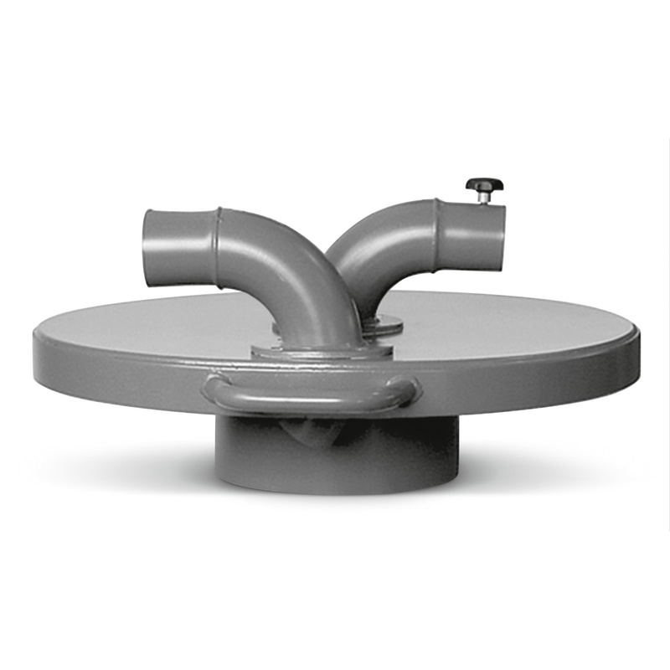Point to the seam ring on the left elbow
(219, 248)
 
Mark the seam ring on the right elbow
(437, 233)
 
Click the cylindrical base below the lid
(335, 452)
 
